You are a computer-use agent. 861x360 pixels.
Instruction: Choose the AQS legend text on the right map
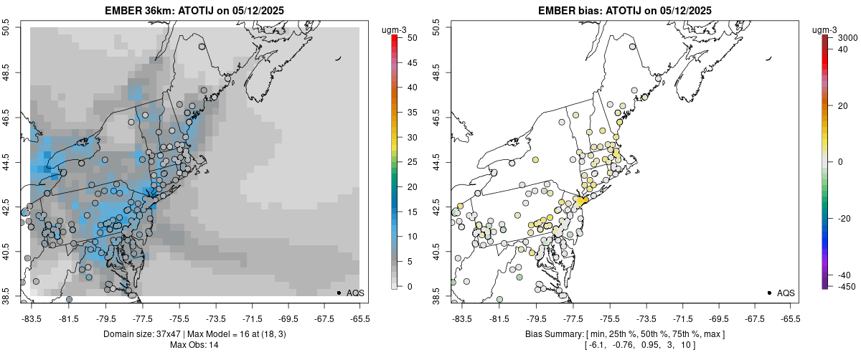click(x=786, y=293)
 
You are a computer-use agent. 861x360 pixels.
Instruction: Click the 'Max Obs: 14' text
click(x=194, y=345)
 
